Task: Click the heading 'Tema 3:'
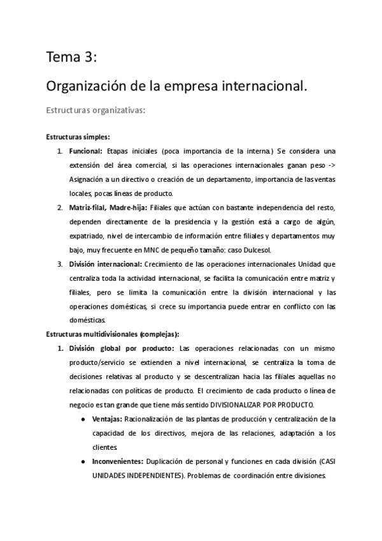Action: click(71, 58)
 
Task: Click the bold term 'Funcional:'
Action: click(86, 151)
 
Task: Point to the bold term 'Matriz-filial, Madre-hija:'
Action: click(108, 208)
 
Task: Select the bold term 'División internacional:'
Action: click(105, 264)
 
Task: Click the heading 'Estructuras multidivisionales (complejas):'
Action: click(113, 334)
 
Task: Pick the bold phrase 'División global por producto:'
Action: click(121, 348)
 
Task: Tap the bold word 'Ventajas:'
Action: click(108, 419)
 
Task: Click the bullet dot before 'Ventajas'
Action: click(85, 419)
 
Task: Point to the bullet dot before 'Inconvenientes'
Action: click(85, 461)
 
